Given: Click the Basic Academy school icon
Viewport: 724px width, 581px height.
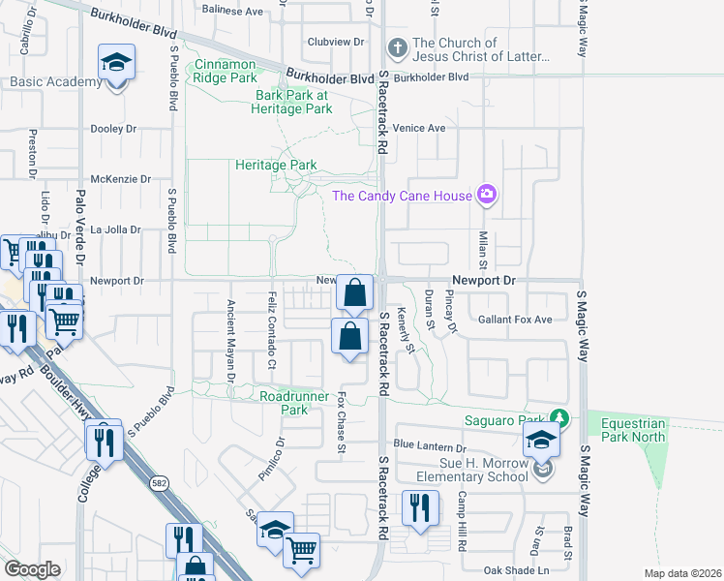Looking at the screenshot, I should tap(117, 65).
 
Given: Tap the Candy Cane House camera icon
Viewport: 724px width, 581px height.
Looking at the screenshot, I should tap(486, 195).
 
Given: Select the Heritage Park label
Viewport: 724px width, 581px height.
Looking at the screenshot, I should tap(277, 166).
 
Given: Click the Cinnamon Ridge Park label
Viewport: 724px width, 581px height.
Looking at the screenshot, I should tap(226, 71).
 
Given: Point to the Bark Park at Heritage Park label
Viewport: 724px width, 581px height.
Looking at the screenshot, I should tap(293, 103).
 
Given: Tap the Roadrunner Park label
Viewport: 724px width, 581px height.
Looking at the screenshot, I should tap(284, 403).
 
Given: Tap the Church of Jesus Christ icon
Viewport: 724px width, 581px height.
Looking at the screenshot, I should tap(396, 46).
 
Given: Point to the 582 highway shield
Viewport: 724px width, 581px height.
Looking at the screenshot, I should tap(158, 481).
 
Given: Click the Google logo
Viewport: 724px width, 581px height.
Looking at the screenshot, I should tap(32, 569).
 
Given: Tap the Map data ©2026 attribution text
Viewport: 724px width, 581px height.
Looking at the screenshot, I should tap(682, 574).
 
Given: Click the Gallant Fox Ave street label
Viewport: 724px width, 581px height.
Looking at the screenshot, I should tap(515, 320).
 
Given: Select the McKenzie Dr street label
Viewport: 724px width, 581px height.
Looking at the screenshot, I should tap(120, 179).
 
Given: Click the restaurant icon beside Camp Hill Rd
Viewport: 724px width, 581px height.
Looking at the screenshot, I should tap(420, 506).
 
